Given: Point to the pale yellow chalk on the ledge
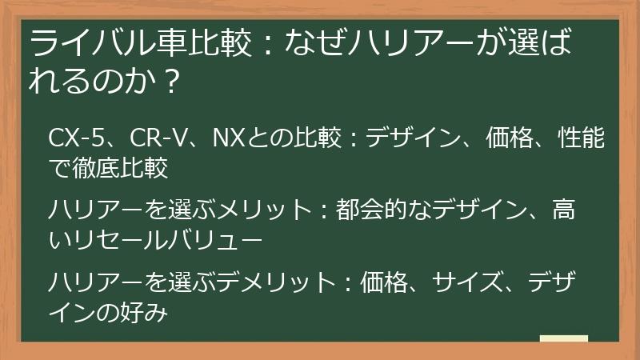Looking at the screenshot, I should (x=564, y=338).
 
